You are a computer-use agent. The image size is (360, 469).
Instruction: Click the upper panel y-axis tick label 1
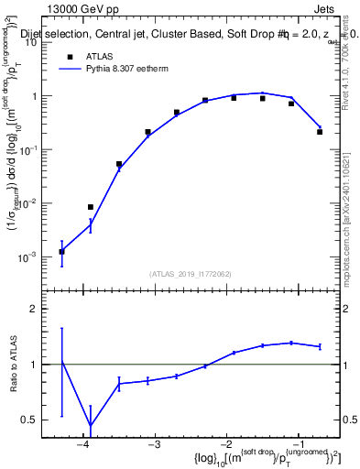38,96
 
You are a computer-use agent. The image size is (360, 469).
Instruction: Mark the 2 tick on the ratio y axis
38,309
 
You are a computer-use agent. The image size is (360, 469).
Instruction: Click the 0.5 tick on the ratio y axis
35,420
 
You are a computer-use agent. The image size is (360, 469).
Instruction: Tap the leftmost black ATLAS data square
61,251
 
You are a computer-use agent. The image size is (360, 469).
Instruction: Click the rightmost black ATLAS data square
320,132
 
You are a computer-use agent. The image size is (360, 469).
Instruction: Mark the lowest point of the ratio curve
90,426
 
